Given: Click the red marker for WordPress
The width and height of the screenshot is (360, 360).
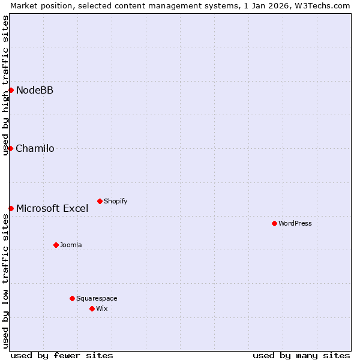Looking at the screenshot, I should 274,223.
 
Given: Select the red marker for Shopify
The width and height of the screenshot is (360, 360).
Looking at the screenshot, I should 100,201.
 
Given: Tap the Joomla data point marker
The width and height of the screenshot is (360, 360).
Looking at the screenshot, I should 56,245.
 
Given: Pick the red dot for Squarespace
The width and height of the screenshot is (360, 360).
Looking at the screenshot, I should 72,298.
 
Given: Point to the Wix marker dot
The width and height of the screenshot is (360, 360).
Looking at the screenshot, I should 92,308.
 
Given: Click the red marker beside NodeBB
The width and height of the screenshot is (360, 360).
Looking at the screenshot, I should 11,90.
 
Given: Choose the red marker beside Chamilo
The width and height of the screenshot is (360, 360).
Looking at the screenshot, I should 10,148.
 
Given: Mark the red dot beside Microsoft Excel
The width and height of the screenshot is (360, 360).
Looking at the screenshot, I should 11,208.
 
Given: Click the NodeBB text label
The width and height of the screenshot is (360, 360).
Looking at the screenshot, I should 35,90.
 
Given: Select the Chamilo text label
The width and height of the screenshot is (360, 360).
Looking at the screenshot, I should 35,148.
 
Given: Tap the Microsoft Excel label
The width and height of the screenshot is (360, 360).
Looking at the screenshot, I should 52,208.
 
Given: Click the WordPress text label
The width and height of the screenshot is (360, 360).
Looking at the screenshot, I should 295,223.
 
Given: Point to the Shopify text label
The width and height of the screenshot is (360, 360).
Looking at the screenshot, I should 116,201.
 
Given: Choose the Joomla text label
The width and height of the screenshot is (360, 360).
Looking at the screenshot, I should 71,245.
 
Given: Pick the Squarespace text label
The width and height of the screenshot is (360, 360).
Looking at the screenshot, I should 97,298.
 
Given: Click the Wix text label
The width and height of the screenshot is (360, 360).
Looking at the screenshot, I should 102,308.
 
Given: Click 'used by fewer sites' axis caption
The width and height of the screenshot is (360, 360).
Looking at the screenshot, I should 62,355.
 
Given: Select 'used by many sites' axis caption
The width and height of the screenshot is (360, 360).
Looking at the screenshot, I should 301,355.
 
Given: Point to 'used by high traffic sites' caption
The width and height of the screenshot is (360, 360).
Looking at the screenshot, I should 5,85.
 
